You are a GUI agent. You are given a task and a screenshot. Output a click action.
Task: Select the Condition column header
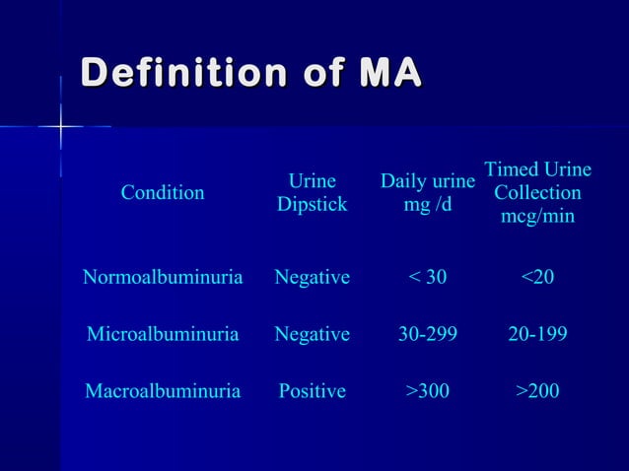[163, 193]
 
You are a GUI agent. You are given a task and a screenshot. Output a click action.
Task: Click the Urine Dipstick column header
[312, 193]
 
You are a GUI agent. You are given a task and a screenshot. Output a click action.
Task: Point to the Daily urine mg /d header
[428, 193]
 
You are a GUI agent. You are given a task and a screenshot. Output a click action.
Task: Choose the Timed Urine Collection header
[537, 193]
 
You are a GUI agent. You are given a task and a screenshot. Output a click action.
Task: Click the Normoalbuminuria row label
[163, 278]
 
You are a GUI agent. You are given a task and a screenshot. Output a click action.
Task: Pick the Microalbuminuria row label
[163, 334]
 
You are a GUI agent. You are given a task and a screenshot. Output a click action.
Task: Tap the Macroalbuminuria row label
[163, 391]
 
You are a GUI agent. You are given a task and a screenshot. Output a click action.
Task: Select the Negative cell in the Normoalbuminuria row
[312, 278]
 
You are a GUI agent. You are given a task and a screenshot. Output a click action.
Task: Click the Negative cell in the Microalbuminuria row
[312, 334]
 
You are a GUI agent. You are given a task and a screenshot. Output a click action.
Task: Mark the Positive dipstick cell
[312, 391]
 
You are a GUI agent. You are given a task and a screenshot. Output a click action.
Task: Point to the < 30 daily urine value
[428, 278]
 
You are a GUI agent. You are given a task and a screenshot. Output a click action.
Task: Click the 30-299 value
[428, 334]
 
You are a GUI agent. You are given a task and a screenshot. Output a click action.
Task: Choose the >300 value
[428, 391]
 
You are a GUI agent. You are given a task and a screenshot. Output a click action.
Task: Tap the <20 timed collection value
[537, 278]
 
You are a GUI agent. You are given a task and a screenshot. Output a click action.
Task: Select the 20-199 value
[537, 334]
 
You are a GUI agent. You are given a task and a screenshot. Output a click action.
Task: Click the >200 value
[537, 391]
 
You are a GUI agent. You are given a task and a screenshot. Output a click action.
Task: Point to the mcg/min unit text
[537, 216]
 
